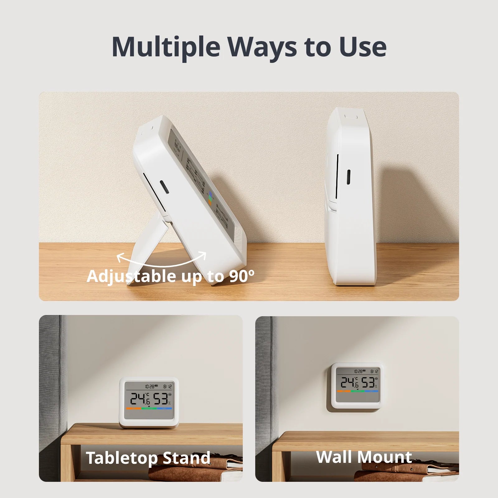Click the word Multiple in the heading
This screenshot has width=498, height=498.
coord(166,47)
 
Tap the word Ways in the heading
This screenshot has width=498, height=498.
coord(262,47)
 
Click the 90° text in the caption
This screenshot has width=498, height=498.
coord(242,276)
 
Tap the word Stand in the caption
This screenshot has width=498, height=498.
coord(186,458)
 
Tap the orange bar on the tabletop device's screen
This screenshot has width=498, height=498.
coord(134,408)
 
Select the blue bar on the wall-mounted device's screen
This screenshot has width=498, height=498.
coord(371,391)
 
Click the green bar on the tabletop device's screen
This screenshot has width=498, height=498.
coord(149,408)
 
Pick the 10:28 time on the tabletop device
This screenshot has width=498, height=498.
coord(150,387)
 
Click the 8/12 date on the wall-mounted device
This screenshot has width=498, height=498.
coord(374,371)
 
